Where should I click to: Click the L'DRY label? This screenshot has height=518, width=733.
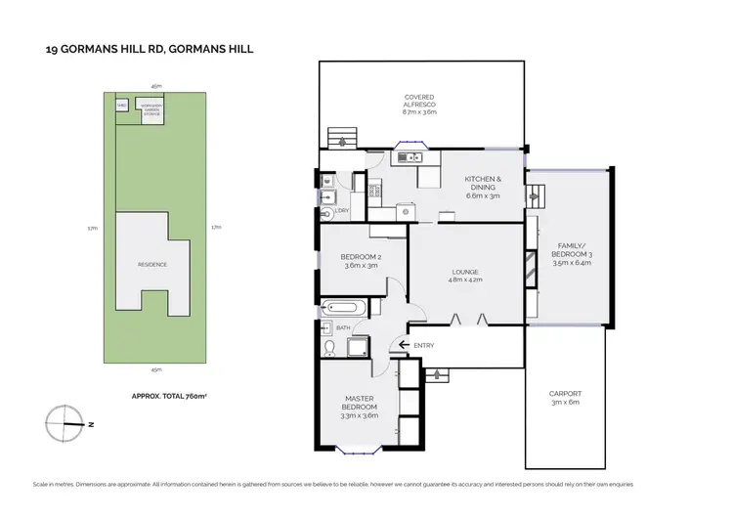point(342,210)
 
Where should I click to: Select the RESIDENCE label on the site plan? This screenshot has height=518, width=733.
point(151,264)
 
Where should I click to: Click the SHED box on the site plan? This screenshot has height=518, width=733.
point(122,105)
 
